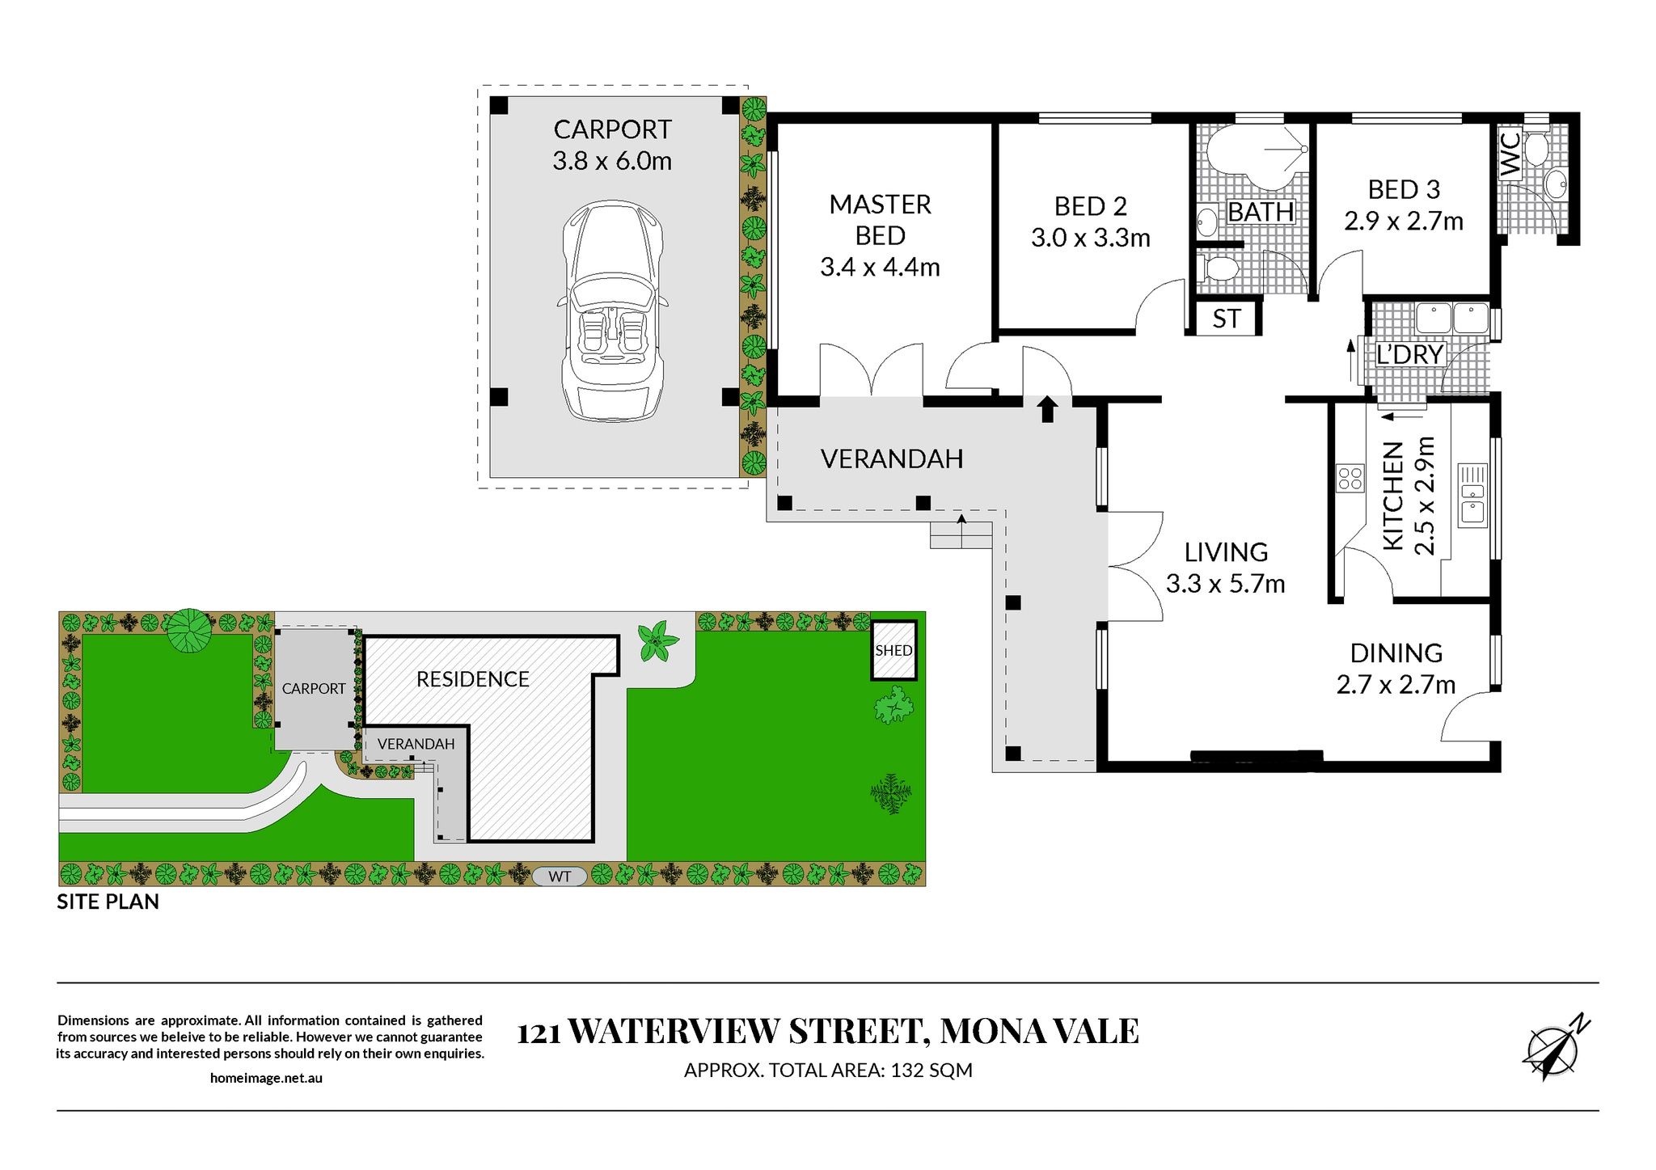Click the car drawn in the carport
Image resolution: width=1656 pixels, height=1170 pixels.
click(612, 311)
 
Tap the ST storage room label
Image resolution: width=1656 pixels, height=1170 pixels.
click(1226, 319)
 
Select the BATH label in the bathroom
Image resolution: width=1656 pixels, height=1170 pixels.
click(1261, 212)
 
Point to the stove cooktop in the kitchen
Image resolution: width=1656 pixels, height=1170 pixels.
click(1350, 478)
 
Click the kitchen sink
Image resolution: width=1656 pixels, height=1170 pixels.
click(1472, 496)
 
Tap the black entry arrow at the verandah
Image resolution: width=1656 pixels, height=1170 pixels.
click(1047, 409)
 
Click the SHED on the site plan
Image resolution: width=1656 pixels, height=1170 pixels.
click(893, 650)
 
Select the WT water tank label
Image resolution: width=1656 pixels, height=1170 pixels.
click(560, 876)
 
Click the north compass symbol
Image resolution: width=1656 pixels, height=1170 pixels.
click(1554, 1050)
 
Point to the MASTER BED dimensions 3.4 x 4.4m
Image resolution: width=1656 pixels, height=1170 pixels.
click(880, 267)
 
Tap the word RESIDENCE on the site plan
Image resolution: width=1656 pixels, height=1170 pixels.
click(473, 679)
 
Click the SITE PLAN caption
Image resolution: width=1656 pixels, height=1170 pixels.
click(108, 902)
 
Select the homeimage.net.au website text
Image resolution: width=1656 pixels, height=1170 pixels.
click(266, 1078)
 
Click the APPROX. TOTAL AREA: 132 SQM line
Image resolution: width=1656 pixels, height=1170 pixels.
click(828, 1071)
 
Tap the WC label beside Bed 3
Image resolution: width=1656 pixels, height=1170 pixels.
click(1510, 154)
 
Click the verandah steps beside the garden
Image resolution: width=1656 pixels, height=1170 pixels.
click(961, 534)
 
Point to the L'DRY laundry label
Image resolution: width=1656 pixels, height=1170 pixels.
click(1410, 354)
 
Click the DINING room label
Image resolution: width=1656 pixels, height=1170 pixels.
click(1396, 653)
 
